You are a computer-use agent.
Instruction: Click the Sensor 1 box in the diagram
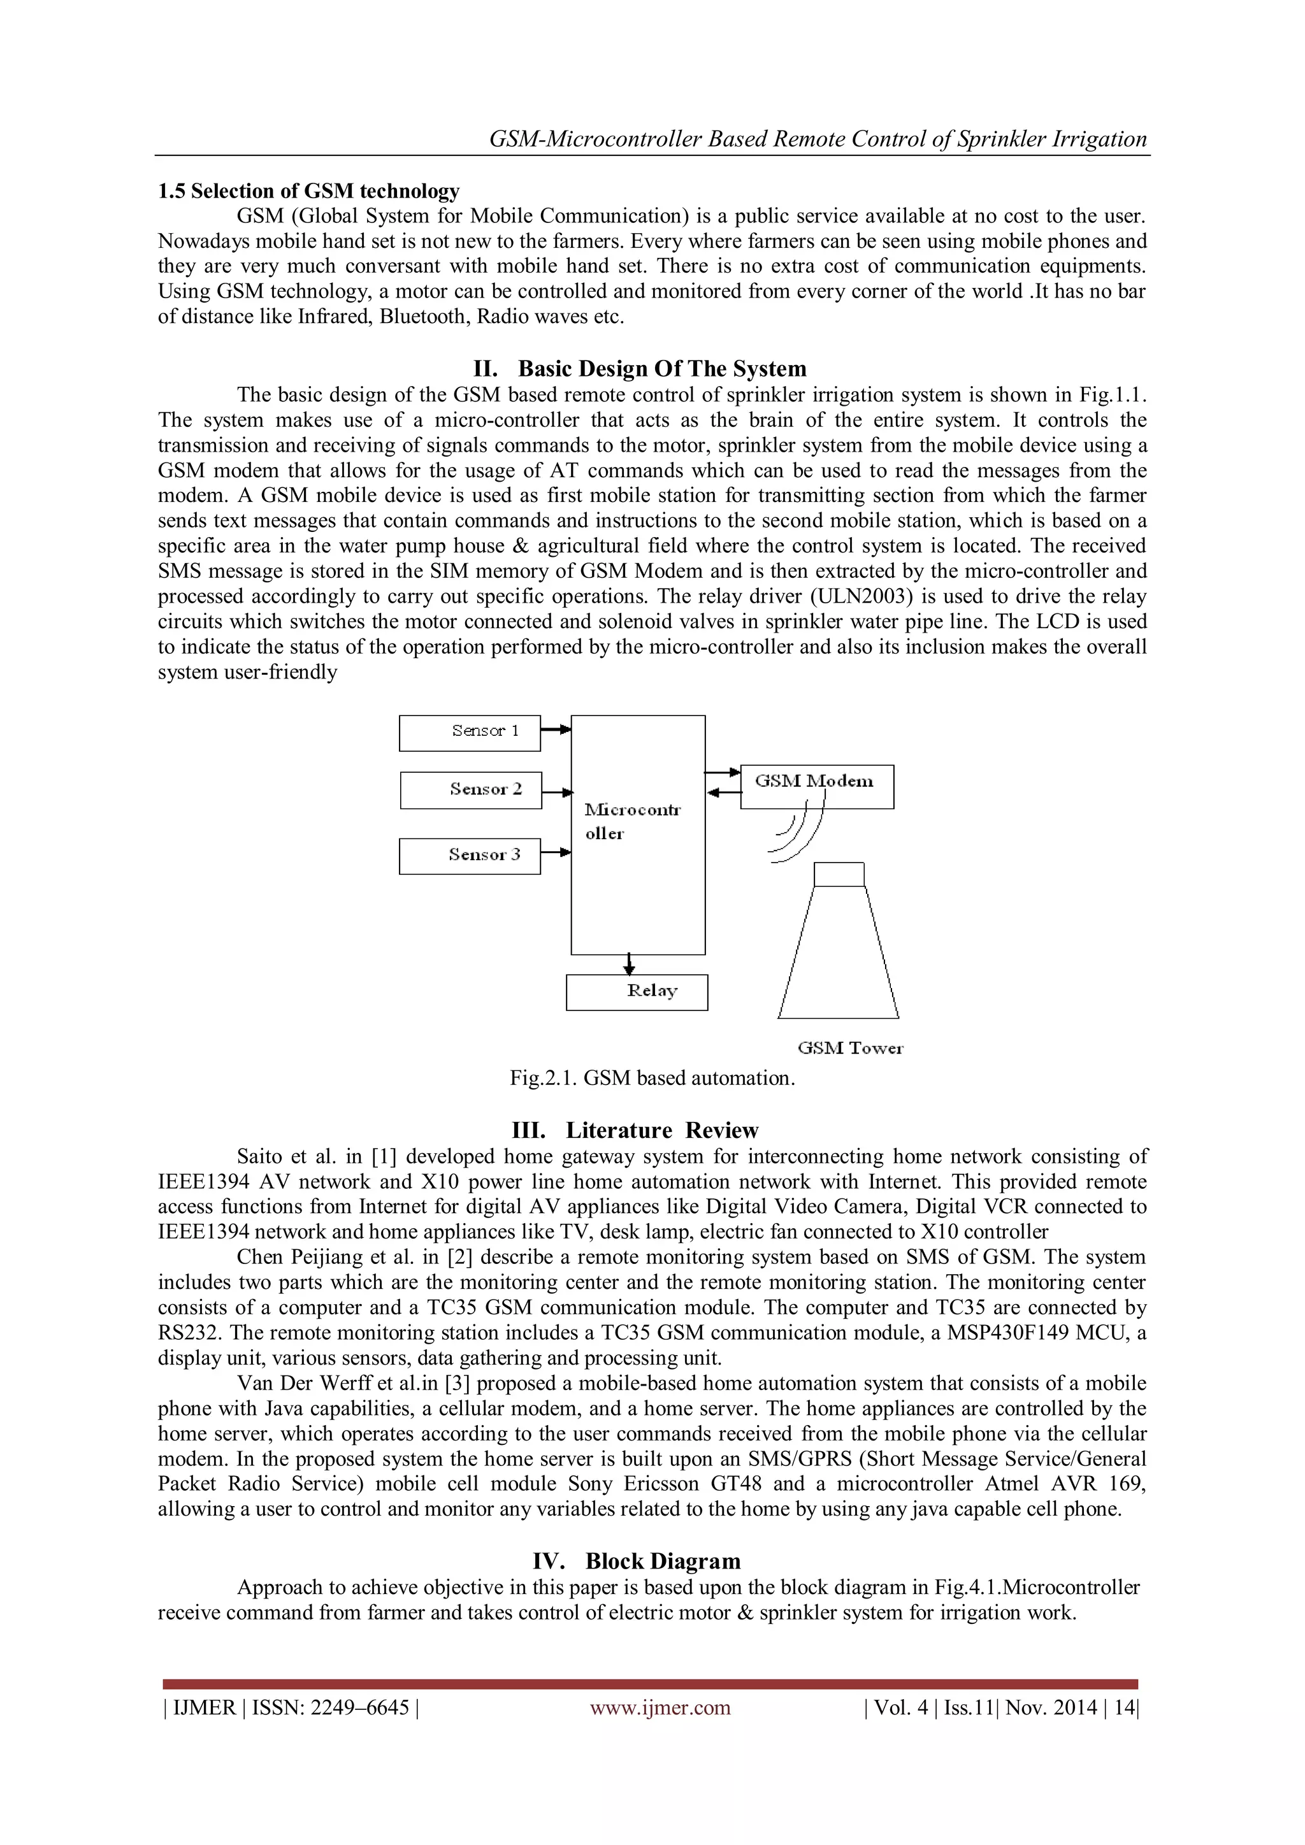[469, 733]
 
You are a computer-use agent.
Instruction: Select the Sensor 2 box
[471, 790]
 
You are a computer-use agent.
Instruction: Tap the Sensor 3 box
[469, 856]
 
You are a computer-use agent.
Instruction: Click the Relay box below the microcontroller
[637, 991]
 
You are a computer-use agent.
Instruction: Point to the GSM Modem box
[816, 786]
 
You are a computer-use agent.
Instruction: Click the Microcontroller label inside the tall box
[631, 821]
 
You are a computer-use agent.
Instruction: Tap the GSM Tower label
[850, 1048]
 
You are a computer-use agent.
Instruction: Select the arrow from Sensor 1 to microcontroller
[555, 729]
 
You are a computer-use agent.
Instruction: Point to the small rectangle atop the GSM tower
[839, 873]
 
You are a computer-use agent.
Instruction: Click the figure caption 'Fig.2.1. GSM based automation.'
[652, 1077]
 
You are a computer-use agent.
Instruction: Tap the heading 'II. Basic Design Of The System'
[640, 369]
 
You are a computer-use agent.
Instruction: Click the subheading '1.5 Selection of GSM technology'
[308, 191]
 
